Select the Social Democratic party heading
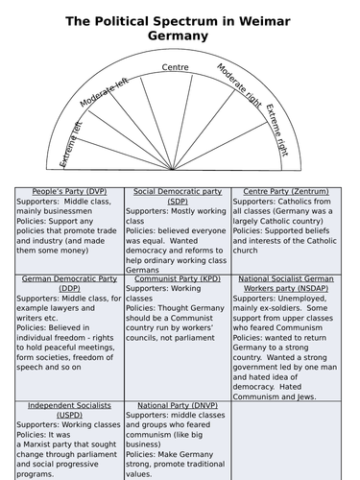coord(173,192)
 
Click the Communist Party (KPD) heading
coord(173,278)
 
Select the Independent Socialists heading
coord(60,406)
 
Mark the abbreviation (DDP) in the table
coord(59,289)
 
